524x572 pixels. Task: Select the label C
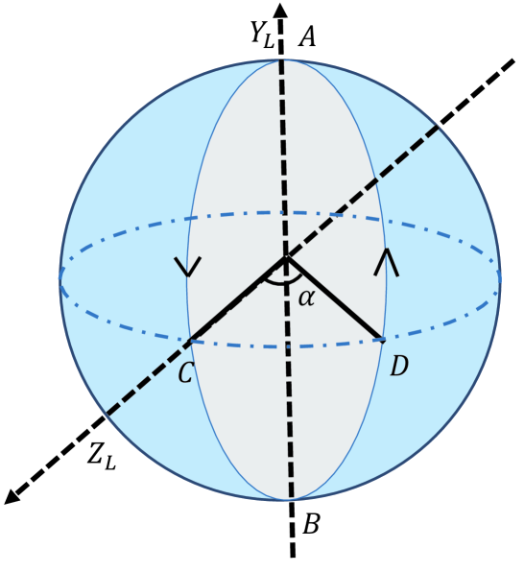click(x=186, y=372)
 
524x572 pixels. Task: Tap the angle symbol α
click(x=306, y=298)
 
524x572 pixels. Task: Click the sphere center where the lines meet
click(x=285, y=257)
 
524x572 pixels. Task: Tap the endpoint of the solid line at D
click(x=382, y=339)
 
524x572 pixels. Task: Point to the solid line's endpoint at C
click(x=190, y=340)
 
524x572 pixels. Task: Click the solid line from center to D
click(x=334, y=298)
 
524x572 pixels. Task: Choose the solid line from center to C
click(x=237, y=298)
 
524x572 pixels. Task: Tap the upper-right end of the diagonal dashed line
click(x=514, y=58)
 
